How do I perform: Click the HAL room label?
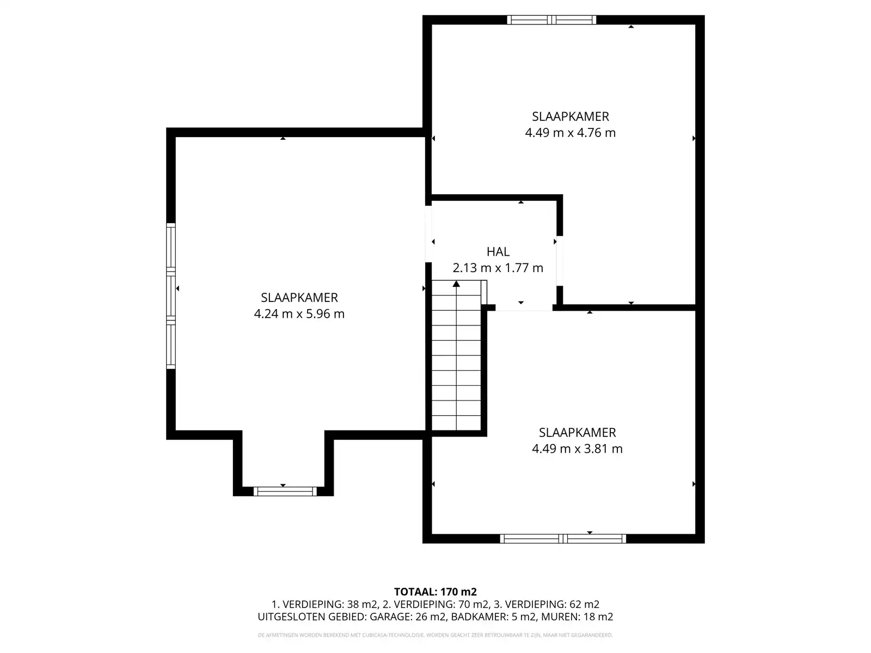[x=498, y=251]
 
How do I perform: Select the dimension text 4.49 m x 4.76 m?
[x=570, y=133]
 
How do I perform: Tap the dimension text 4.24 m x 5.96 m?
[x=299, y=314]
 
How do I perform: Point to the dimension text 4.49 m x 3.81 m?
[x=577, y=449]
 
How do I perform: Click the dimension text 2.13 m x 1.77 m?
[x=498, y=268]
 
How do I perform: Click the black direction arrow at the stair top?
[x=456, y=284]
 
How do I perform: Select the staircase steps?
[x=456, y=359]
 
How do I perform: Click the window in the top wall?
[x=551, y=20]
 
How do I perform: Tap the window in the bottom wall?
[x=563, y=539]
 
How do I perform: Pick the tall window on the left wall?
[x=171, y=296]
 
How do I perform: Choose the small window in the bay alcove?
[x=285, y=491]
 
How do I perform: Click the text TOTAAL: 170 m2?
[x=435, y=592]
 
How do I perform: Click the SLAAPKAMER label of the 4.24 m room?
[x=299, y=298]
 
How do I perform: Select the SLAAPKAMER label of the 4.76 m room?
[x=570, y=116]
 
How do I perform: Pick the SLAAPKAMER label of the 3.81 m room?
[x=577, y=433]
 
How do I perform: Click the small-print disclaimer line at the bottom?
[x=435, y=635]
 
